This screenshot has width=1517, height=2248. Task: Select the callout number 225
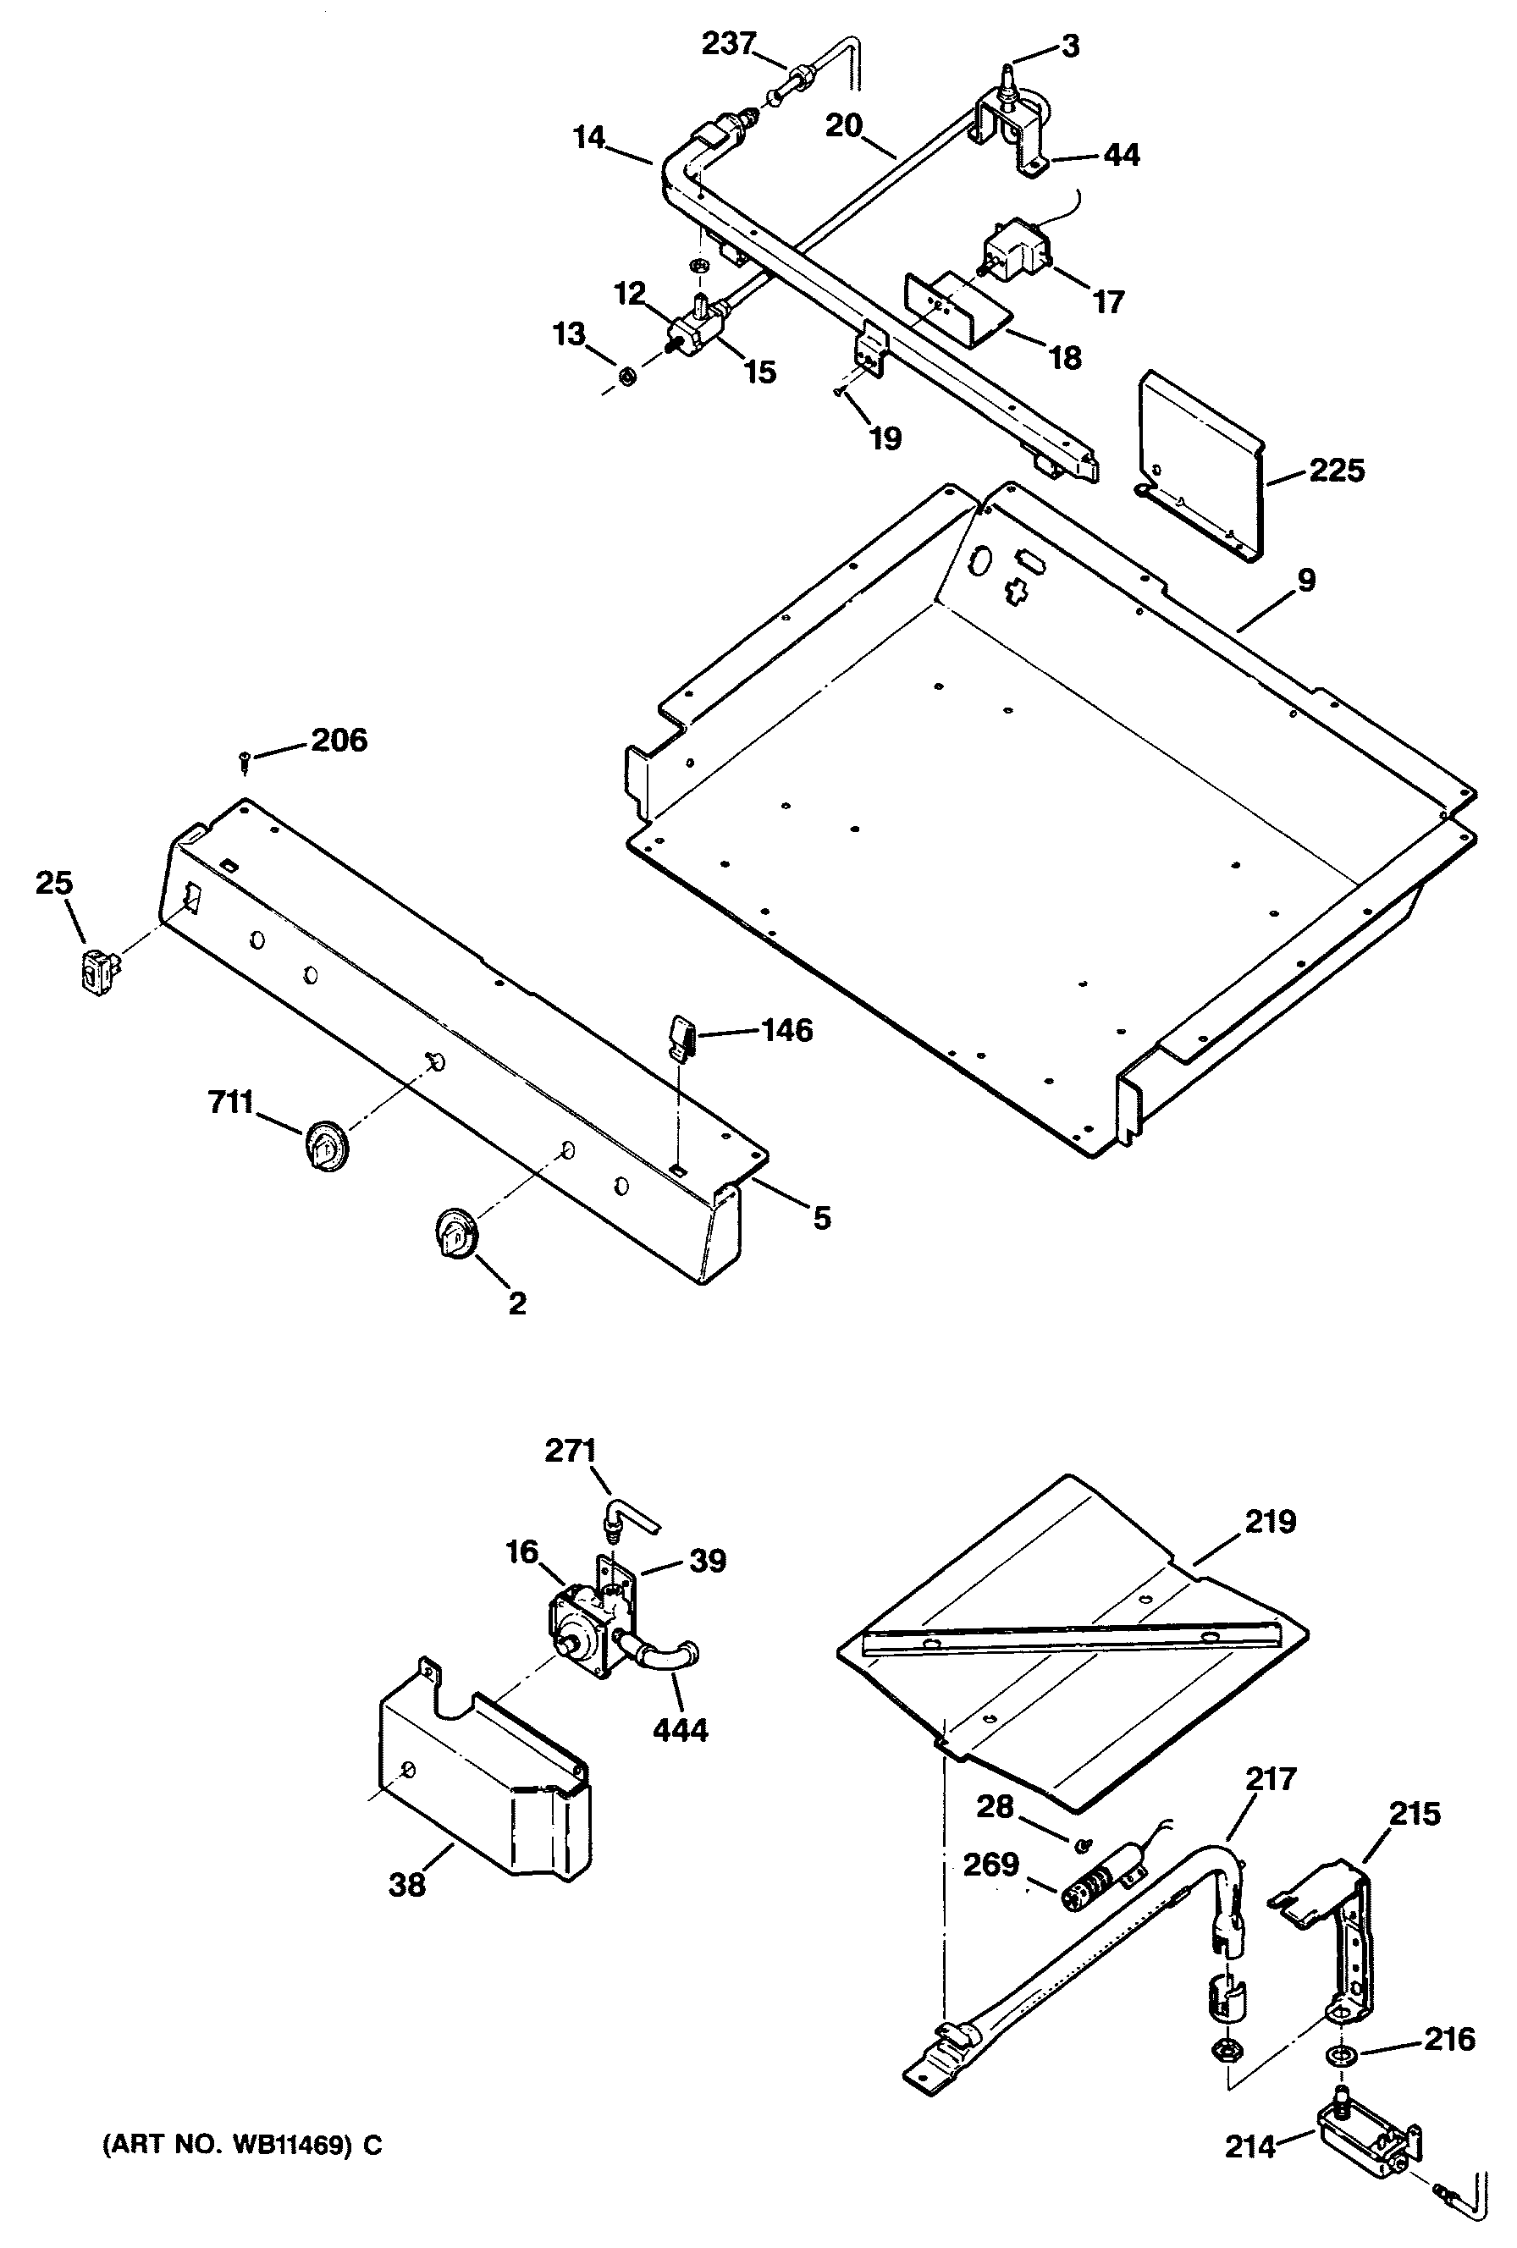point(1336,471)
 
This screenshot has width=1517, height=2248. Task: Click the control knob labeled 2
point(452,1231)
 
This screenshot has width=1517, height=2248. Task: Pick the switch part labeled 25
point(95,969)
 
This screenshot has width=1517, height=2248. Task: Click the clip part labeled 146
point(682,1039)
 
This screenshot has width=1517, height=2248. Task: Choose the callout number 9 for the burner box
point(1306,581)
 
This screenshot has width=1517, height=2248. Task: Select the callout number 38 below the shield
point(407,1884)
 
